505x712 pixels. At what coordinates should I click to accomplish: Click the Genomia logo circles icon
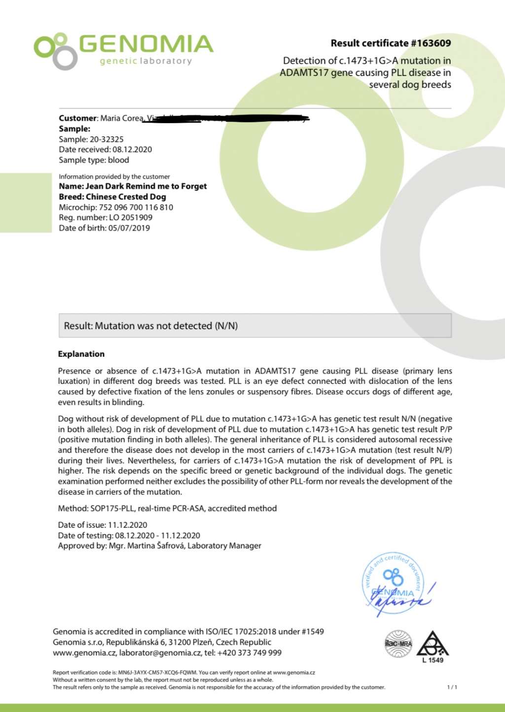54,51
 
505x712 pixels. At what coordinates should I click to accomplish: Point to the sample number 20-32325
107,139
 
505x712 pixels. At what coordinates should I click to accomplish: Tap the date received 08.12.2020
132,150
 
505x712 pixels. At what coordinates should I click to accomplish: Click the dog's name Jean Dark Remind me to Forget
146,186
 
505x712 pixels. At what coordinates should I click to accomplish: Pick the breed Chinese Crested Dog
126,197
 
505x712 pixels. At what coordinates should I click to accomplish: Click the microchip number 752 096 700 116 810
136,207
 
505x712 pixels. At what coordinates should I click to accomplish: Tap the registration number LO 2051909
131,217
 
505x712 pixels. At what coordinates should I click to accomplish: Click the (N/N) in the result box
226,326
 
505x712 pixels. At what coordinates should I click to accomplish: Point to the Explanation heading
81,354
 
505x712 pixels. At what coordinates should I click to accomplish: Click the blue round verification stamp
394,583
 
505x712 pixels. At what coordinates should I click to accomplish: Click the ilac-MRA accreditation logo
398,644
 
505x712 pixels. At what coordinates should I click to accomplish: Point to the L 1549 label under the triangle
433,660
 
